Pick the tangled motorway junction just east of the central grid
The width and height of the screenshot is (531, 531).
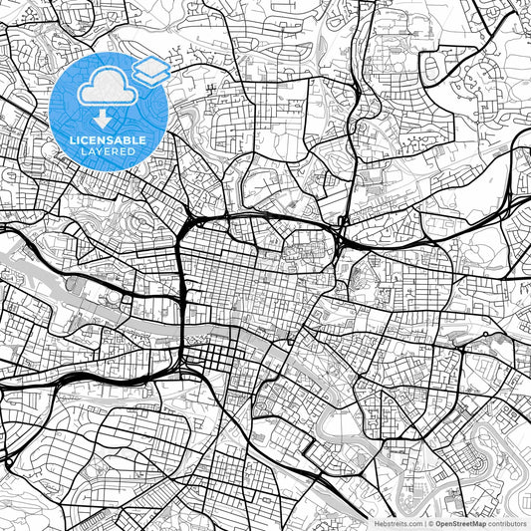(x=342, y=237)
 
